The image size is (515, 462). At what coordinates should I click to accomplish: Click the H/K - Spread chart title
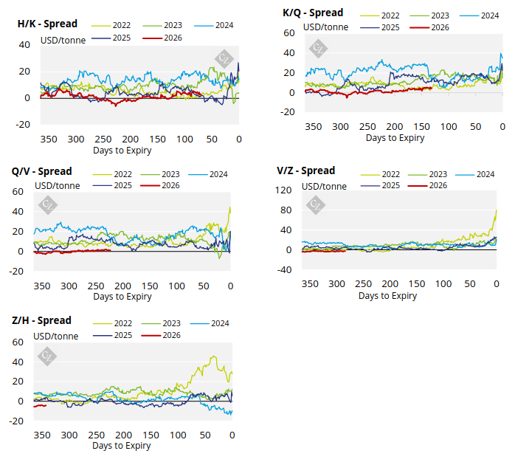click(47, 24)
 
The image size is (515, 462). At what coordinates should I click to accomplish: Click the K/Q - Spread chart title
click(313, 13)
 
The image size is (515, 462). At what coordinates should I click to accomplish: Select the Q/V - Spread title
click(41, 171)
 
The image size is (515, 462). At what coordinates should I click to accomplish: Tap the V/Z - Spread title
click(305, 170)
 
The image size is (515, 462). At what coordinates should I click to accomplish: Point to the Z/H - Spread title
click(41, 320)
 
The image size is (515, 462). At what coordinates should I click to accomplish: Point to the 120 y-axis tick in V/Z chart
click(283, 190)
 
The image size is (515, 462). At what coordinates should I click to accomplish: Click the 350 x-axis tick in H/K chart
click(49, 139)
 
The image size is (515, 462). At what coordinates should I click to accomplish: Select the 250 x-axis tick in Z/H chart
click(97, 435)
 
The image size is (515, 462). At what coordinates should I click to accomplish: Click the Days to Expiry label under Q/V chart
click(122, 297)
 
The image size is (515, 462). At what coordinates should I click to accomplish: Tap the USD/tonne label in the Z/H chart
click(55, 336)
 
